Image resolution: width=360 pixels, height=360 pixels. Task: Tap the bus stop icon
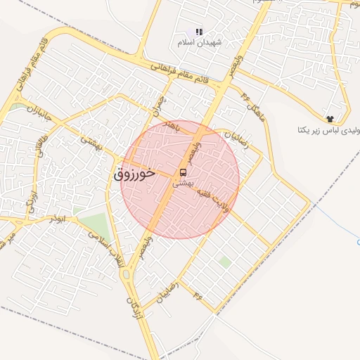(x=184, y=172)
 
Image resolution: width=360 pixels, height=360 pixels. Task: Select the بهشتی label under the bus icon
(x=183, y=182)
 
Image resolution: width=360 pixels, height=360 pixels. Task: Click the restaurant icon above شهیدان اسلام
(x=199, y=32)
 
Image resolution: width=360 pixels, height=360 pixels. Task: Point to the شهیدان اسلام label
(x=200, y=42)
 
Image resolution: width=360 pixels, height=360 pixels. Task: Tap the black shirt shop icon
(x=330, y=117)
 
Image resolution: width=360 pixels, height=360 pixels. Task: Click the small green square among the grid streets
(x=224, y=262)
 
